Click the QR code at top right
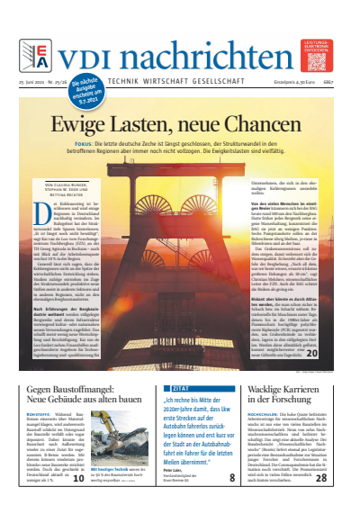[x=318, y=59]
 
